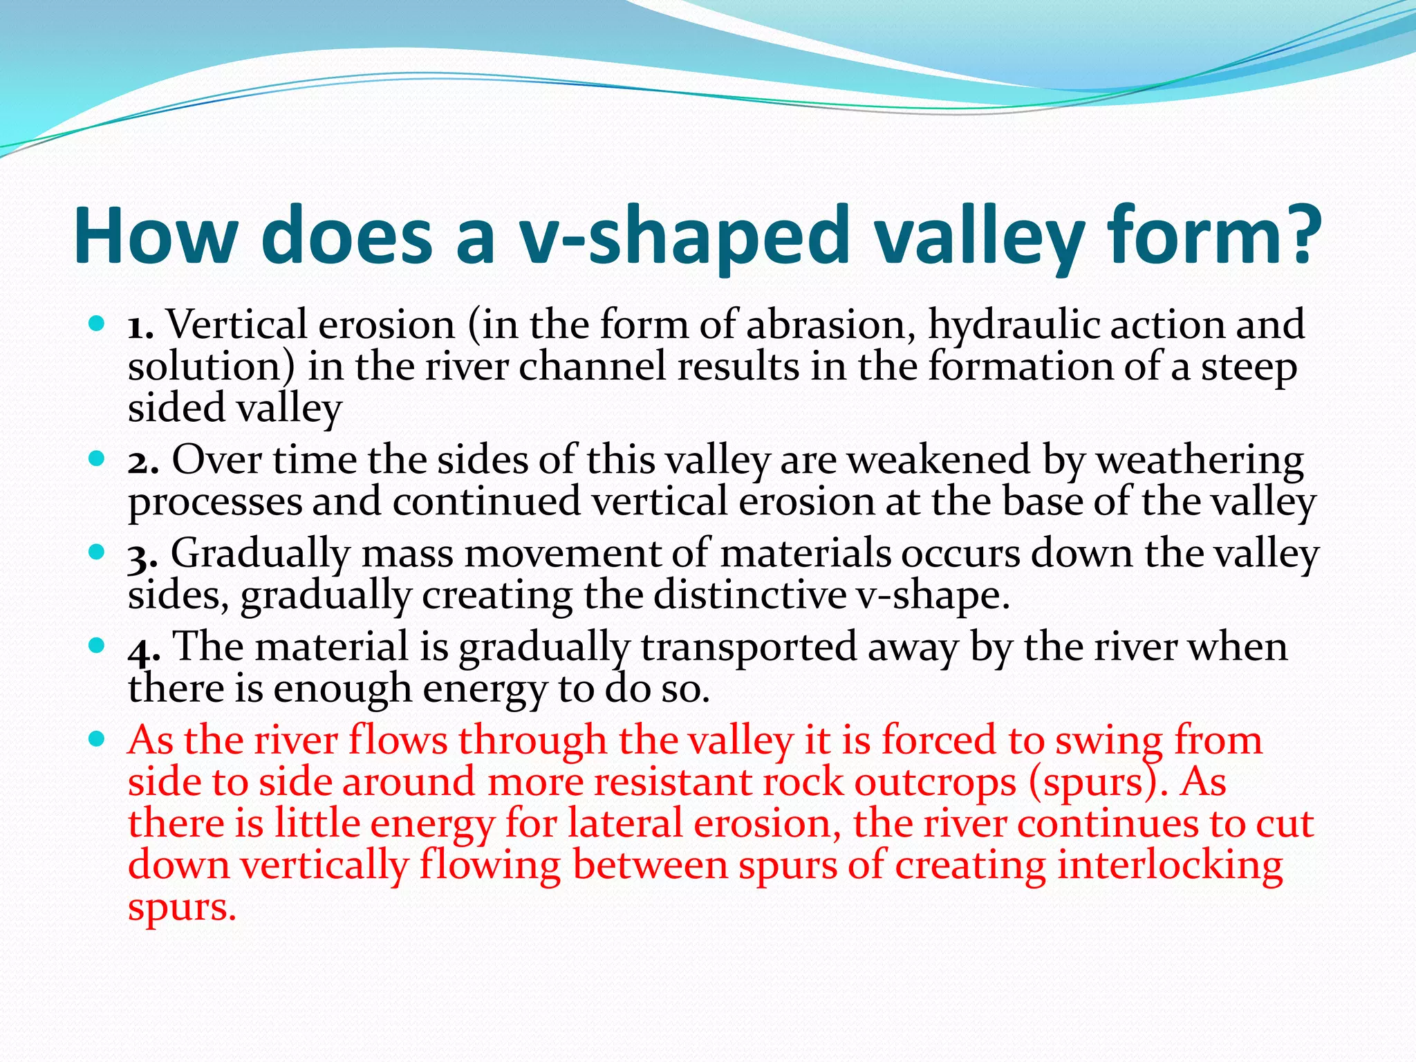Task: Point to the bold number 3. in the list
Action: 142,555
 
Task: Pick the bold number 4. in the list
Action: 144,649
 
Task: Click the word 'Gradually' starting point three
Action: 260,555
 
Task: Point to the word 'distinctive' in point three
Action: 749,595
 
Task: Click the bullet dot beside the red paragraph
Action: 97,739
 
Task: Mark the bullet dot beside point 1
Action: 97,323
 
